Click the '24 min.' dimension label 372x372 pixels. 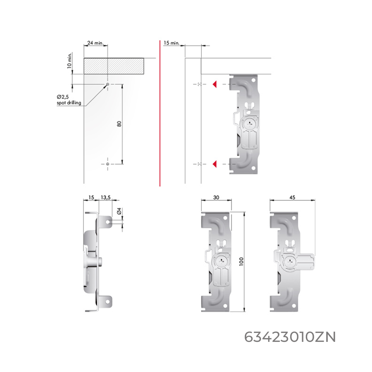96,43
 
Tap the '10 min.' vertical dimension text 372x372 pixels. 69,61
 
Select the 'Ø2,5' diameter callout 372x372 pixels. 63,97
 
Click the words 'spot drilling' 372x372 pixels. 69,103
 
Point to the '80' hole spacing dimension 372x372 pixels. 119,124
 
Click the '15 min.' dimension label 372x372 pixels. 171,43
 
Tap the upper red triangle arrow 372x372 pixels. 215,84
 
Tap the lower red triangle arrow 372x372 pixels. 215,164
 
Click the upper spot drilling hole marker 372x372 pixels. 108,84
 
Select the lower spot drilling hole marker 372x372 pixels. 108,164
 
